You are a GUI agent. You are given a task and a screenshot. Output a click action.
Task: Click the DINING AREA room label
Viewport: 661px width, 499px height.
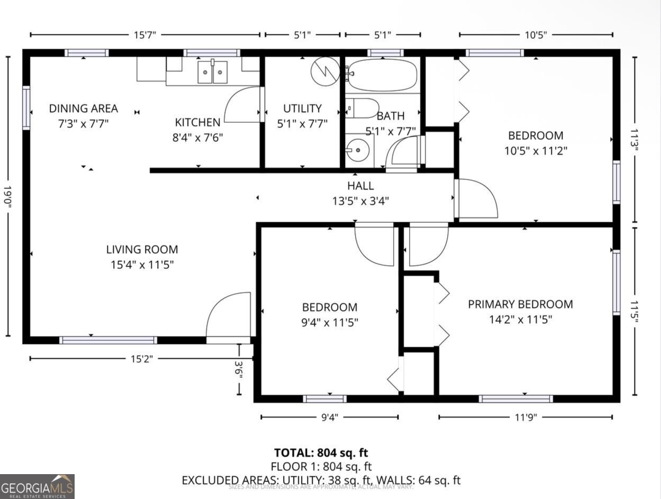click(x=83, y=108)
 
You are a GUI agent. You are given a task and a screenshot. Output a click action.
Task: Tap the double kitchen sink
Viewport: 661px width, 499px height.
click(x=212, y=72)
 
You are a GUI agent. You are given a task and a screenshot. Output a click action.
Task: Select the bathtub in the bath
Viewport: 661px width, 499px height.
click(x=382, y=75)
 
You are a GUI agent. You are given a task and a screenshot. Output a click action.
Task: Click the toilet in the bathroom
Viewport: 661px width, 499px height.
click(x=361, y=108)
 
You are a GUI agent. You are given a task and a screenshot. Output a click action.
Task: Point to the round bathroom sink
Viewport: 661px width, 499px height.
click(x=359, y=150)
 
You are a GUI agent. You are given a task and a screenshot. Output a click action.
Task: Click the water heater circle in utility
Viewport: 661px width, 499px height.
click(x=325, y=71)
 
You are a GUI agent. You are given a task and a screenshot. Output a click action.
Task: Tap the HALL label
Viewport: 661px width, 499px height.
click(x=360, y=186)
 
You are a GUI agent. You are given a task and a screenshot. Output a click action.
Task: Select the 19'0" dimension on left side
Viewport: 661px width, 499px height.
click(x=8, y=196)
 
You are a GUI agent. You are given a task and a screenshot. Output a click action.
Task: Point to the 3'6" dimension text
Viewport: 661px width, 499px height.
click(x=239, y=369)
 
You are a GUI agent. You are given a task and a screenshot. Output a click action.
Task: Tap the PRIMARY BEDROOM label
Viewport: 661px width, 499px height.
click(x=520, y=304)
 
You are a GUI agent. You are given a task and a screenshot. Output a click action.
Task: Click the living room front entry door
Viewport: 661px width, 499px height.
click(x=229, y=316)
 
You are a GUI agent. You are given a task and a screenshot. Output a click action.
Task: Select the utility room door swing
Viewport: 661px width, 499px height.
click(x=243, y=105)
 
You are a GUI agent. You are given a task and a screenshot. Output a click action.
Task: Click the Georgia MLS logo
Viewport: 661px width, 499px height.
click(x=37, y=486)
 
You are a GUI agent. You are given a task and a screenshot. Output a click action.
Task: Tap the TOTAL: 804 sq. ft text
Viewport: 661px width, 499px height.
click(x=321, y=452)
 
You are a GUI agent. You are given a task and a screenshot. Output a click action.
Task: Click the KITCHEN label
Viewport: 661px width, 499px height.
click(x=197, y=122)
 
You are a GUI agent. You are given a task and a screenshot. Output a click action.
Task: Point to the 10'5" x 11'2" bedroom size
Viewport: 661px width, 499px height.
click(x=536, y=151)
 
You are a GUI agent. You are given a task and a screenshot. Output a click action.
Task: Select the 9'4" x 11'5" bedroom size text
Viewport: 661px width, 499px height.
click(x=329, y=322)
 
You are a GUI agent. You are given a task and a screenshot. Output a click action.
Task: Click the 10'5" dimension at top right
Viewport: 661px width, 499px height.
click(x=536, y=35)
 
